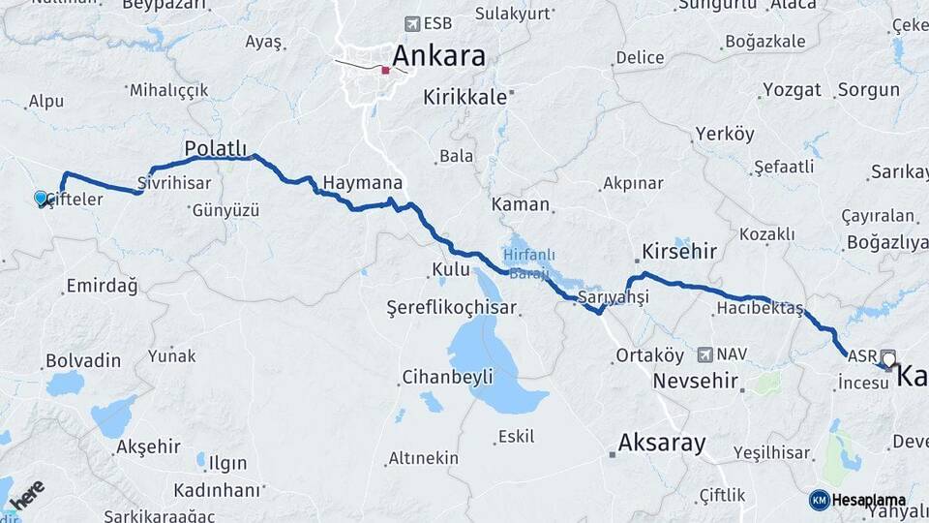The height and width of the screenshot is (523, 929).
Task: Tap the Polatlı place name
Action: (x=216, y=148)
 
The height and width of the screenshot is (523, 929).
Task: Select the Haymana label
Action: (x=362, y=182)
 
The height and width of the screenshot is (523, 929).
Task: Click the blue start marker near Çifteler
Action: (x=41, y=198)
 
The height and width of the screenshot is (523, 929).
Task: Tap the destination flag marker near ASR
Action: (x=888, y=357)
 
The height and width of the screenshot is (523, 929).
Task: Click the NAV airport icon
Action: (x=704, y=354)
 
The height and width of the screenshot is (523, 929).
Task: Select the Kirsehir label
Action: (x=677, y=251)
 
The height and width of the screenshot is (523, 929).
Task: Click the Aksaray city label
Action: (x=661, y=444)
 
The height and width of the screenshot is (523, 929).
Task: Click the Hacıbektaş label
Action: (x=760, y=308)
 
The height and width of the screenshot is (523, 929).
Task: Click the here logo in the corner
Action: (x=27, y=494)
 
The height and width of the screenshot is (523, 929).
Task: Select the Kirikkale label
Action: (x=465, y=97)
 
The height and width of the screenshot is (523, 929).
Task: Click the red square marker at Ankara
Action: (x=385, y=70)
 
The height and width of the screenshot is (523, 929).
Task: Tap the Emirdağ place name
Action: (x=102, y=286)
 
